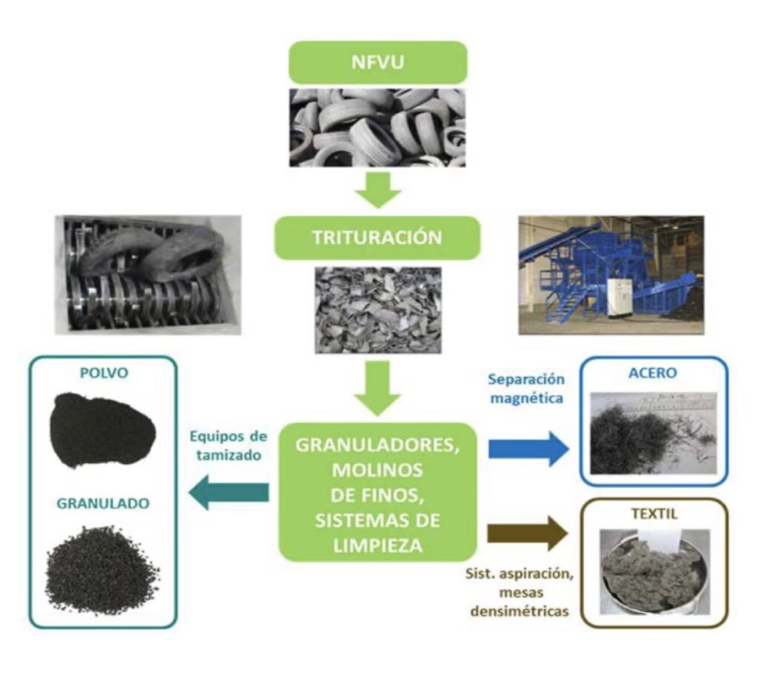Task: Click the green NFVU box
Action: click(378, 62)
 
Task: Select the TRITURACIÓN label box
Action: click(378, 238)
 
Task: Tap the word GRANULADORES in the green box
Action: click(378, 446)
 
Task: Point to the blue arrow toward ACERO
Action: click(528, 449)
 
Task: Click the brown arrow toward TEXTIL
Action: click(528, 534)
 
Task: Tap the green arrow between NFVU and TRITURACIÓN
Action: click(378, 191)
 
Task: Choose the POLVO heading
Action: click(102, 373)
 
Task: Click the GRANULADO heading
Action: click(102, 503)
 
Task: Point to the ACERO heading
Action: click(652, 373)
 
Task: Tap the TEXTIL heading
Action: click(652, 513)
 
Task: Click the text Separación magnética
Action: click(527, 389)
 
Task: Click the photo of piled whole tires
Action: click(377, 127)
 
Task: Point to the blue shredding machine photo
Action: click(610, 275)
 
